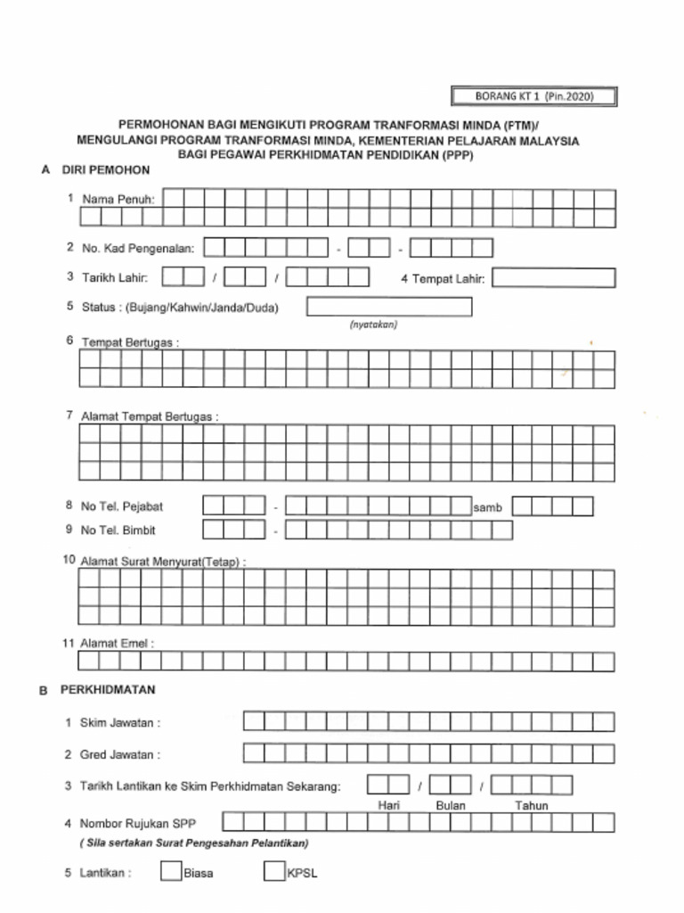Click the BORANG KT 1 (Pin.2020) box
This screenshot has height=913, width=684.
tap(533, 96)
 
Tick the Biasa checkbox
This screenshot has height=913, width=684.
tap(171, 871)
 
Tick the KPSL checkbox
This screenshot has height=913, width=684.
tap(273, 871)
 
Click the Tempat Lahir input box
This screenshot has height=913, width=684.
tap(553, 278)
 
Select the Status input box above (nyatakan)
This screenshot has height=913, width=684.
tap(389, 307)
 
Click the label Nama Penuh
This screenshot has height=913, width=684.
tap(118, 200)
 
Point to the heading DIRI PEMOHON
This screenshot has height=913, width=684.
tap(105, 169)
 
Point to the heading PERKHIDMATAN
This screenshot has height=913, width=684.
tap(108, 689)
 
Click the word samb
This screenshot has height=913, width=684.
tap(488, 507)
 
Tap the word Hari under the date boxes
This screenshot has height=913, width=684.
tap(388, 805)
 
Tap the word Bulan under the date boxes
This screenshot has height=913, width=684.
tap(451, 805)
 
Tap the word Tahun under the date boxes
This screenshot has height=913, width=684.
tap(531, 805)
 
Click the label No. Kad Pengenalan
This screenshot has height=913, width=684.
tap(137, 248)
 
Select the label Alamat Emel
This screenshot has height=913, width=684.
tap(117, 643)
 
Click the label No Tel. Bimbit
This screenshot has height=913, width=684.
tap(118, 530)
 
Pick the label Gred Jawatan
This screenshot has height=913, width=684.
tap(120, 754)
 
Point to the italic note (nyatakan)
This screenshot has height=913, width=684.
tap(373, 325)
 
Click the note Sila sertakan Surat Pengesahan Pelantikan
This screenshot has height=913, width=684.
tap(193, 843)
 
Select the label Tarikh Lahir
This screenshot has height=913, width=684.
tap(115, 278)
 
